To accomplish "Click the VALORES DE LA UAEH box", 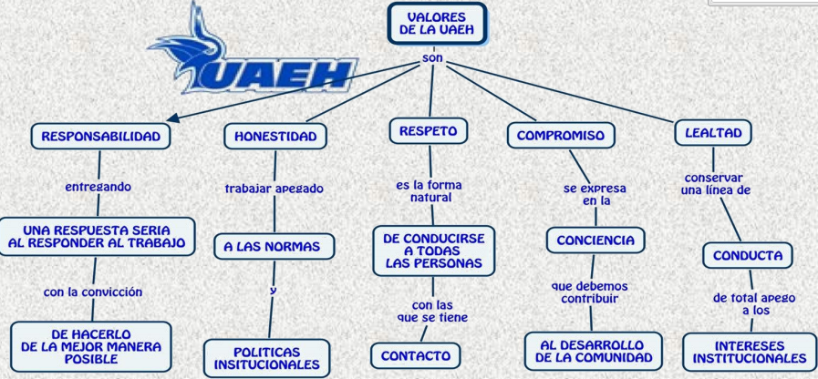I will (436, 24).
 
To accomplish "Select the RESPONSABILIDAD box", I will (100, 137).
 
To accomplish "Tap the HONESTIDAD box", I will (275, 137).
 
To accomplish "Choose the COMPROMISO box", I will (561, 136).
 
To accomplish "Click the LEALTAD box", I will (713, 132).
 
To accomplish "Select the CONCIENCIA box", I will (595, 241).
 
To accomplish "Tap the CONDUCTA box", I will (748, 255).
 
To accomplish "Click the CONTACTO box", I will (416, 355).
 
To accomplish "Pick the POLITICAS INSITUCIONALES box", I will (267, 357).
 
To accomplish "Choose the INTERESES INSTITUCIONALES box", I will (750, 353).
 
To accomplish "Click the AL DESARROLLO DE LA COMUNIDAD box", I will (594, 352).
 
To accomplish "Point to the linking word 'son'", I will (432, 58).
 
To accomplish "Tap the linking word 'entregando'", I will (98, 187).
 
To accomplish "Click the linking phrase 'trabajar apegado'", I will (274, 189).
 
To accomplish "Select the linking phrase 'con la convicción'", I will (93, 292).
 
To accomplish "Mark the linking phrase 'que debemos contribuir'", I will (590, 292).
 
